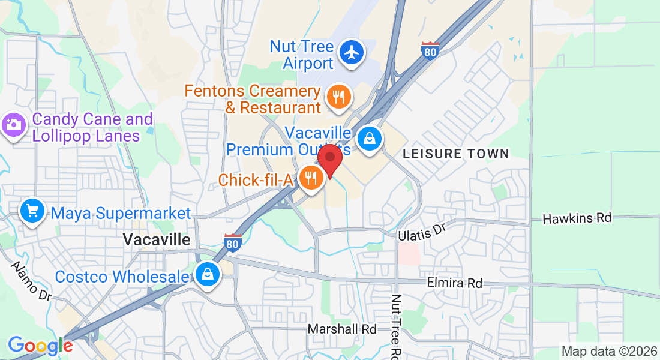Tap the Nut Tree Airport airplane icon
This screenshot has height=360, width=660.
[x=352, y=53]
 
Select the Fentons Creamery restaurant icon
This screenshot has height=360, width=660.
[x=338, y=97]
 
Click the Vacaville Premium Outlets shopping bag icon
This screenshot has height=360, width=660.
[x=370, y=139]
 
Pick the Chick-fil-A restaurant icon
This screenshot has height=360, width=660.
[x=311, y=178]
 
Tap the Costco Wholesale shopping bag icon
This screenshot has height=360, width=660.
[x=207, y=275]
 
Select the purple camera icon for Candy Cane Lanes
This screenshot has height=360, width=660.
[x=13, y=126]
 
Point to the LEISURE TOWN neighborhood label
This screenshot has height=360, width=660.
[x=455, y=154]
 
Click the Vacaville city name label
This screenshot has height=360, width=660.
[x=157, y=240]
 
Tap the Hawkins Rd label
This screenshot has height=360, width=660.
[x=577, y=218]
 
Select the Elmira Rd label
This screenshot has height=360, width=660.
[x=454, y=283]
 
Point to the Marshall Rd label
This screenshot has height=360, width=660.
[x=342, y=329]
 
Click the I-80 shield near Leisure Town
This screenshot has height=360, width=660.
[x=430, y=50]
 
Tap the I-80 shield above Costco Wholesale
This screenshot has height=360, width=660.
[x=233, y=242]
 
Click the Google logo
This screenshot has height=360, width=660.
[x=40, y=346]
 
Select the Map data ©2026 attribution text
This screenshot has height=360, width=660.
[x=608, y=351]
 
